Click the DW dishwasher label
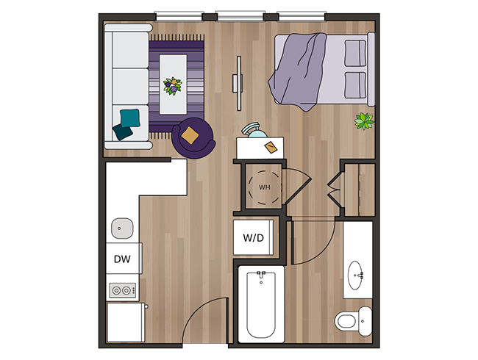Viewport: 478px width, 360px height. tap(122, 259)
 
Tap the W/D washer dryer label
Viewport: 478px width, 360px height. tap(254, 238)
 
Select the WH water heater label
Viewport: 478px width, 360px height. tap(264, 187)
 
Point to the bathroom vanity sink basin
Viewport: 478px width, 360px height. tap(357, 273)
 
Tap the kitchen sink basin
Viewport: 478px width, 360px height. tap(122, 227)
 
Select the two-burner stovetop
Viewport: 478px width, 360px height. tap(121, 291)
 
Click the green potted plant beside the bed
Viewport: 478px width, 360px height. tap(364, 120)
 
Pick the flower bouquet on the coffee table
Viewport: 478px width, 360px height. tap(173, 86)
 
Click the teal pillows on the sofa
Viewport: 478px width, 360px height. tap(126, 123)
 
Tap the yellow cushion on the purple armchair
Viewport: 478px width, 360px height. tap(190, 134)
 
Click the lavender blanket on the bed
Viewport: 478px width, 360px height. tap(298, 70)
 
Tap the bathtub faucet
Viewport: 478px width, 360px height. tap(260, 278)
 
